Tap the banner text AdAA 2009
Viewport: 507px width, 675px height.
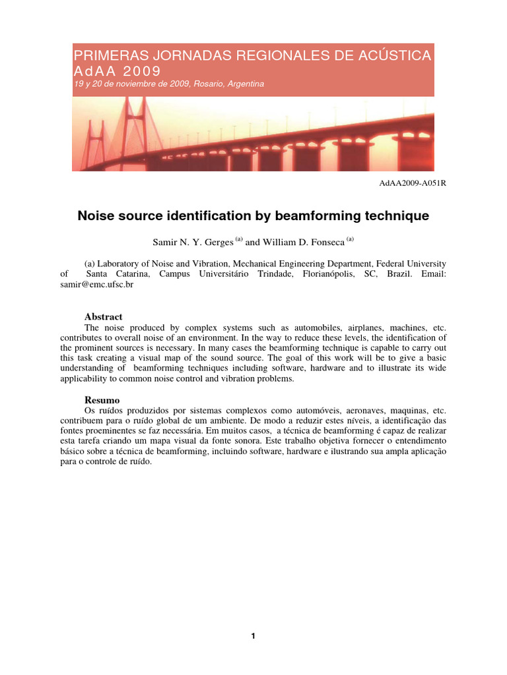(x=117, y=71)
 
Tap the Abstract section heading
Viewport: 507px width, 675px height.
(x=104, y=317)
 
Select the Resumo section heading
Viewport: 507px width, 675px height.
(x=102, y=399)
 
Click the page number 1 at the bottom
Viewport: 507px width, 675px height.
(x=253, y=635)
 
